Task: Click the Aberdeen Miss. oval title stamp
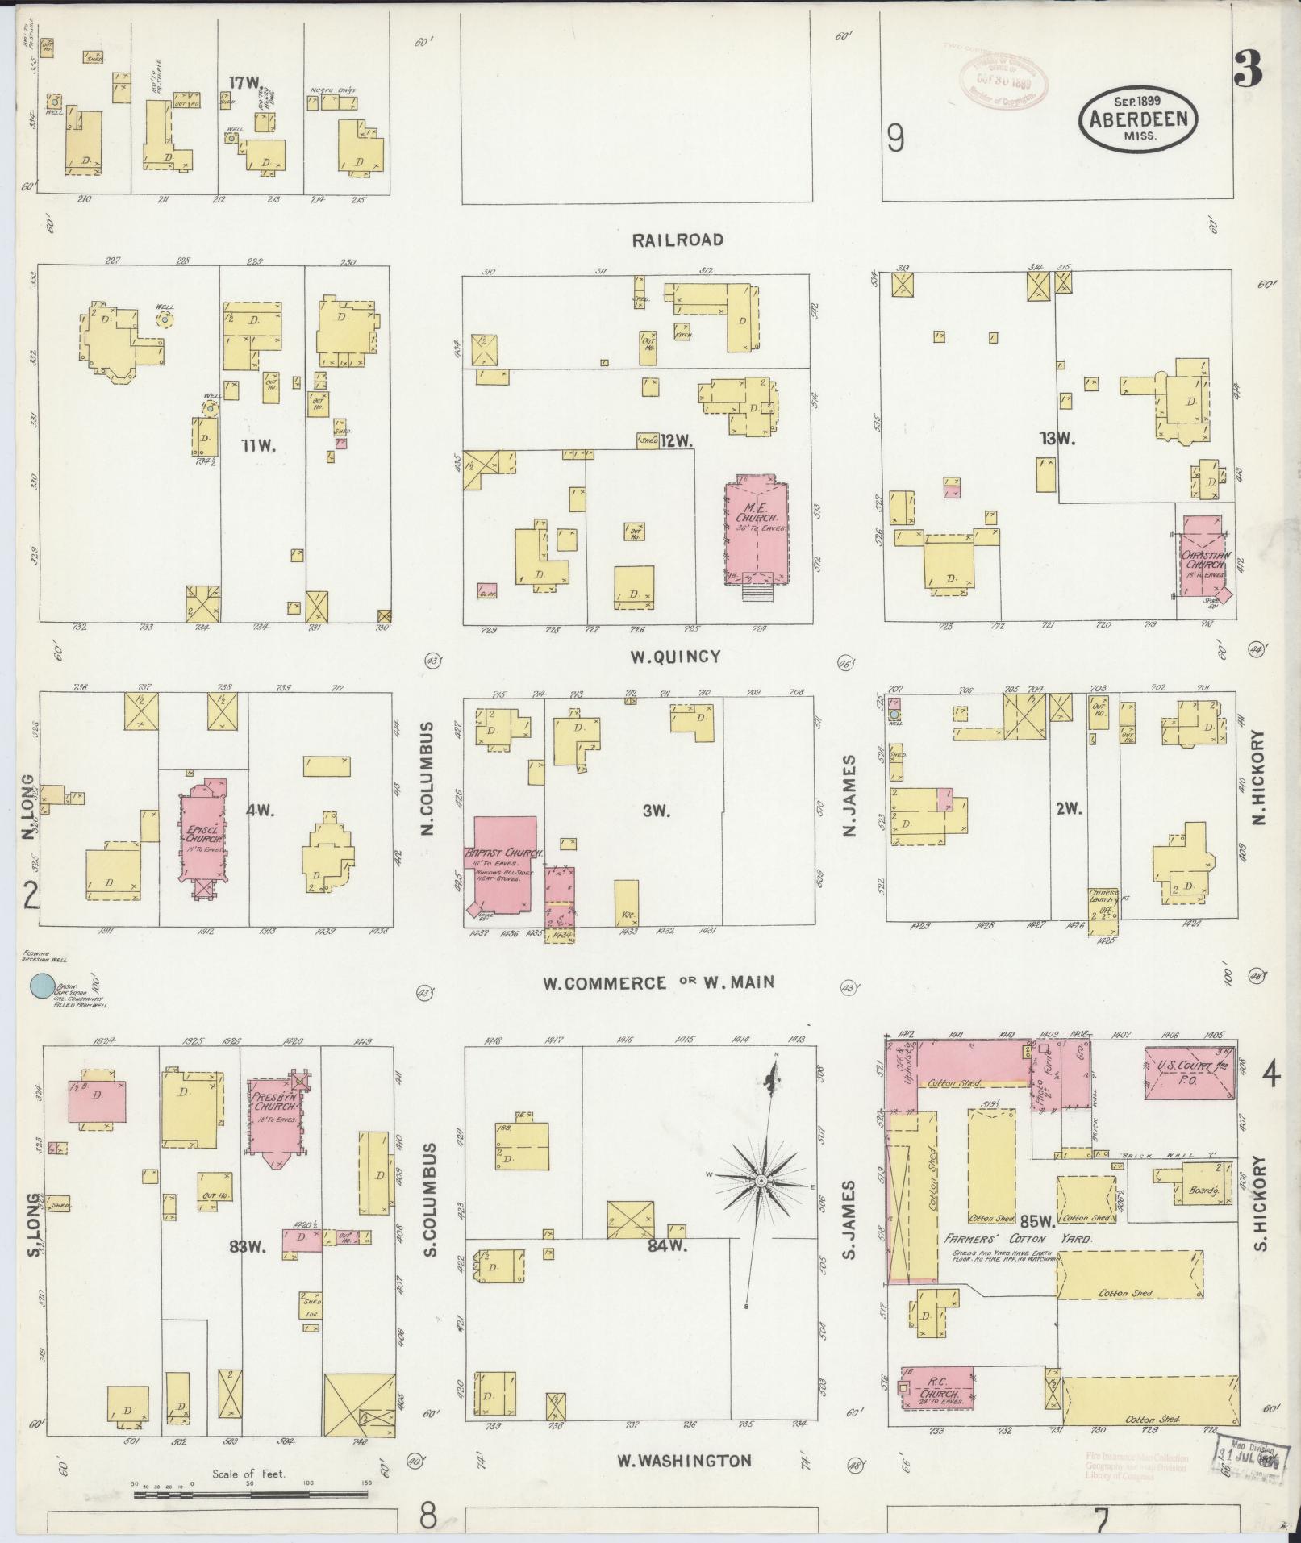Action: pos(1138,119)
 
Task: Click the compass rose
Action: pos(760,1181)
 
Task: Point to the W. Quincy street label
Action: pos(675,657)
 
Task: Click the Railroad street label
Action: pos(678,240)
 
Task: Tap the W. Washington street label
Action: pos(684,1461)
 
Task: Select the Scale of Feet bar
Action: pos(250,1495)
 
